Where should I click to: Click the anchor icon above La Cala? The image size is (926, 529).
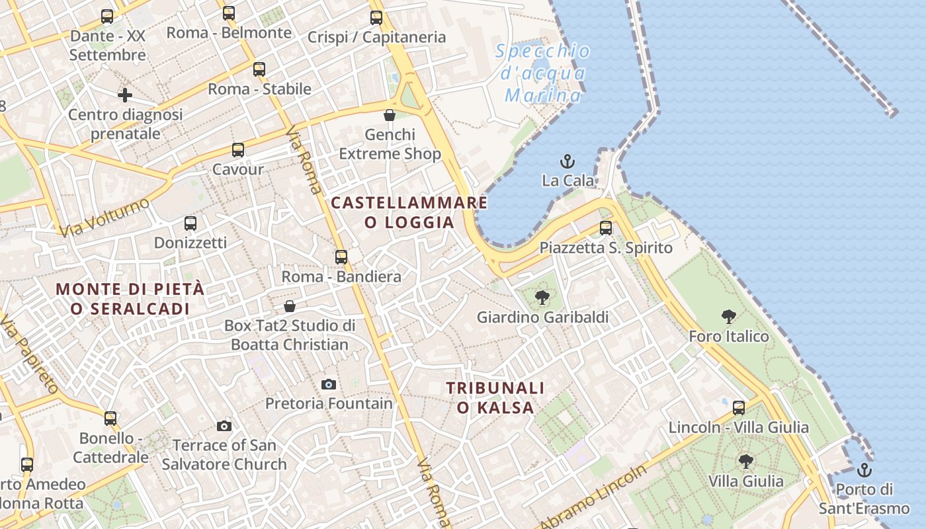pos(567,161)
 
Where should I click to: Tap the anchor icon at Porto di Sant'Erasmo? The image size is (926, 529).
pos(864,470)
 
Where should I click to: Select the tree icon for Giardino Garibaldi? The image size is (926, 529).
pos(542,298)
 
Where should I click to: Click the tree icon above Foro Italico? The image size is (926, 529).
pos(729,317)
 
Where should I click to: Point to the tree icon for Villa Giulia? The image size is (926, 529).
pos(745,462)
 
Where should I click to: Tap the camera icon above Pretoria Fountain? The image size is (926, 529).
pos(329,384)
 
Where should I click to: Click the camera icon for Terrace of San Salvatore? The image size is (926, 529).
pos(224,426)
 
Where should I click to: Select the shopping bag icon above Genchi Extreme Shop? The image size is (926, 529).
pos(390,115)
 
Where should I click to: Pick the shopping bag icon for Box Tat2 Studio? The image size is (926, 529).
pos(290,306)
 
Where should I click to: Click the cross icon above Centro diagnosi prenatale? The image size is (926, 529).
pos(125,95)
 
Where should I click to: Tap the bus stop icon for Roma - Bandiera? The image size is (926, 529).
pos(341,257)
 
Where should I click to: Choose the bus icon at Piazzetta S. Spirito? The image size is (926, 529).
pos(606,228)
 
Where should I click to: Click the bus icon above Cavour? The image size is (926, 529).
pos(238,150)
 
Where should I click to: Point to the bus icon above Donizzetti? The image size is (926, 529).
pos(190,224)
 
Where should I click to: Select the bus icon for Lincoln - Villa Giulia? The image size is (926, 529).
pos(739,408)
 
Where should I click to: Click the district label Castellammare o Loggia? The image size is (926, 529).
pos(409,212)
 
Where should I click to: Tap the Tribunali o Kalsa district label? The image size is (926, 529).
pos(495,397)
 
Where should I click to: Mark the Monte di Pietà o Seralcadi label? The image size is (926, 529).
pos(130,299)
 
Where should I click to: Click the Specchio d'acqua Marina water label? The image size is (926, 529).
pos(542,73)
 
